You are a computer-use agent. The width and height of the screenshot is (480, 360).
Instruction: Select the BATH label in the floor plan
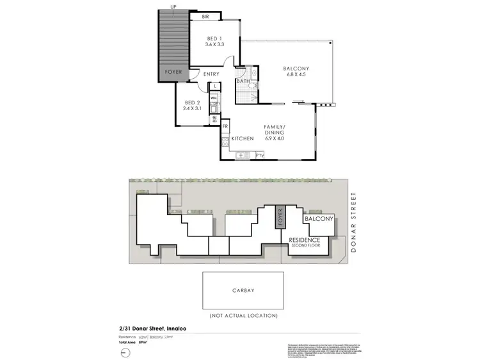point(243,81)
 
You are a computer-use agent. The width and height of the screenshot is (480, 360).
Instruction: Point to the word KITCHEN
point(243,138)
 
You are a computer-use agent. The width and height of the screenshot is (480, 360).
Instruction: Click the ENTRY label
point(211,74)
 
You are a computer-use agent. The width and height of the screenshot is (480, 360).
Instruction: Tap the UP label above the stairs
point(173,7)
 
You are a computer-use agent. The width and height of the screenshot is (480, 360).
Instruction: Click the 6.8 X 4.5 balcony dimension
point(296,76)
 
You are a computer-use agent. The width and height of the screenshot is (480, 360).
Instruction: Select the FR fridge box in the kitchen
point(225,127)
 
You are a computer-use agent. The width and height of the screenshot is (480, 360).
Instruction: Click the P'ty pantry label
point(260,155)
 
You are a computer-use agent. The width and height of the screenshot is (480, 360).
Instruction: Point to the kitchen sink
point(241,154)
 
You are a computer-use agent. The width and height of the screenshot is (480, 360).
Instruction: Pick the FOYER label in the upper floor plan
point(173,72)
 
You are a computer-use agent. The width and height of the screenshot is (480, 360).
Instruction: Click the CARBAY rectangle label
point(244,290)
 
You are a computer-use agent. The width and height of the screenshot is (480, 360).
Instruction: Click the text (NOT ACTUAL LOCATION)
point(244,315)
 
